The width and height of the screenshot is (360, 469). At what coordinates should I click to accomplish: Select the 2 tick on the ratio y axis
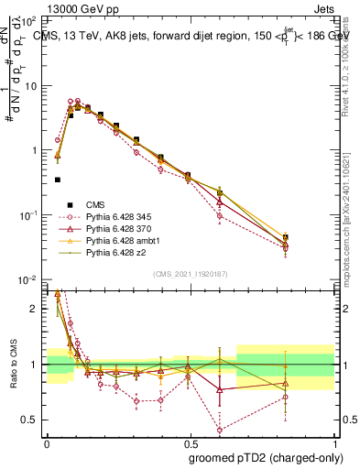(x=36, y=309)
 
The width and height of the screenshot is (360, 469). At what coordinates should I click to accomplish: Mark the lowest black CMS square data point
(x=58, y=180)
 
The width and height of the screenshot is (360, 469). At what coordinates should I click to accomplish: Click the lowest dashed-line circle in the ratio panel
(x=220, y=430)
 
